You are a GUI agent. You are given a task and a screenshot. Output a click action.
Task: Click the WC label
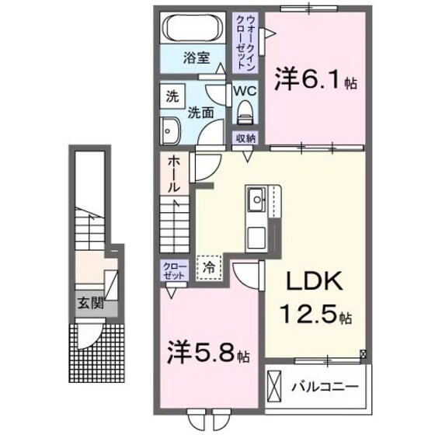tap(246, 91)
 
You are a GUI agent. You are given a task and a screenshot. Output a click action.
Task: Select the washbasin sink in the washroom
tap(170, 129)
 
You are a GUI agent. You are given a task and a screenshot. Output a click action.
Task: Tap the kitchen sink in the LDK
tap(256, 203)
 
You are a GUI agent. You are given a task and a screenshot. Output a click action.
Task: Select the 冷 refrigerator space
tap(209, 266)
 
